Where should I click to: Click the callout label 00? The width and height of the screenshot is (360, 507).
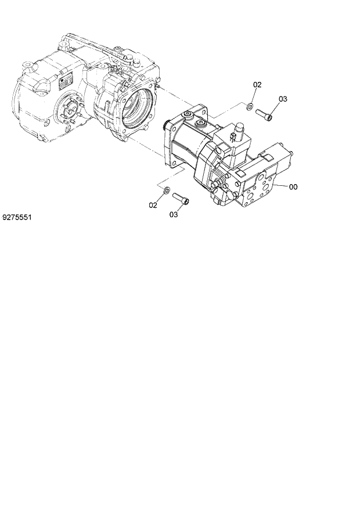pyautogui.click(x=293, y=187)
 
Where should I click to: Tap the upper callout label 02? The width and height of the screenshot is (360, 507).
pyautogui.click(x=257, y=85)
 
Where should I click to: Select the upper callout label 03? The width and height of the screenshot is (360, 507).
pyautogui.click(x=283, y=99)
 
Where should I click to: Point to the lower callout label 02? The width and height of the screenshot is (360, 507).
pyautogui.click(x=153, y=204)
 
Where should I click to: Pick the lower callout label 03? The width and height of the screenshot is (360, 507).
pyautogui.click(x=174, y=215)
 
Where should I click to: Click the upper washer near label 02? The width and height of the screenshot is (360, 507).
pyautogui.click(x=249, y=105)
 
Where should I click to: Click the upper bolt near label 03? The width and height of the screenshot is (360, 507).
pyautogui.click(x=263, y=114)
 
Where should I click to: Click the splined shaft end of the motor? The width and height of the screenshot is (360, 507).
pyautogui.click(x=169, y=124)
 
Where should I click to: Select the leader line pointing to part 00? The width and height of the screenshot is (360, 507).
pyautogui.click(x=281, y=186)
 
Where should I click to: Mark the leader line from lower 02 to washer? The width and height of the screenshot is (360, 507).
pyautogui.click(x=159, y=197)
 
